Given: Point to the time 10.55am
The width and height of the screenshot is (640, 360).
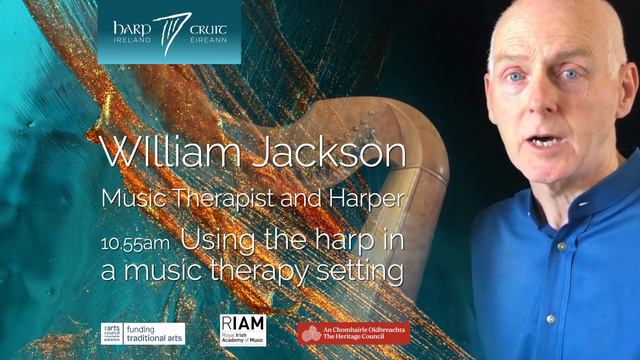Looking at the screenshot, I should pyautogui.click(x=134, y=241).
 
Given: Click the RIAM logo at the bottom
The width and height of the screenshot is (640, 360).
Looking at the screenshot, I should pyautogui.click(x=242, y=330).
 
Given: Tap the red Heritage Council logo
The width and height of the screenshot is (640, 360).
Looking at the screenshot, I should pyautogui.click(x=353, y=332).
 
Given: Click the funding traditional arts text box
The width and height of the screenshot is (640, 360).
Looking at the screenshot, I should pyautogui.click(x=158, y=331).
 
